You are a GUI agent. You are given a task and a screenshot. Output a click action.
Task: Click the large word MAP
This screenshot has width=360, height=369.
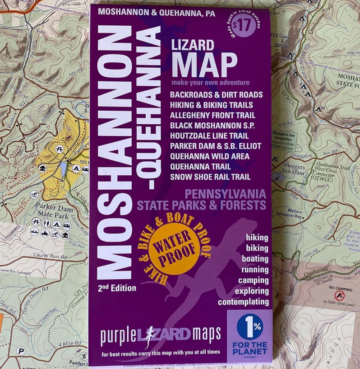[204, 65]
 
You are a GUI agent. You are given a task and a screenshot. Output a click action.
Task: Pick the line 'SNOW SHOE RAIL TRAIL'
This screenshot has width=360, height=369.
[210, 177]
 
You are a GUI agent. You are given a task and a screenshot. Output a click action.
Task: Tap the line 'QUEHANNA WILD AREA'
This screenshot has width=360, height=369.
[210, 156]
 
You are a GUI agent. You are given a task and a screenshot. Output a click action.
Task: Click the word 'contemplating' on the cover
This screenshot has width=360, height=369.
[243, 302]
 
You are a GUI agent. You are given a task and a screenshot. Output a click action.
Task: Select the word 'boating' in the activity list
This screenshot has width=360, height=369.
[255, 259]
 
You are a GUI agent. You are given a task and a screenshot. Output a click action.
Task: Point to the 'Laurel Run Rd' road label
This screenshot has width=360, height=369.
[50, 257]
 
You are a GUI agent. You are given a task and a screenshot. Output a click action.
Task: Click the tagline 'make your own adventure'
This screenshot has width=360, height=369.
[210, 83]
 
